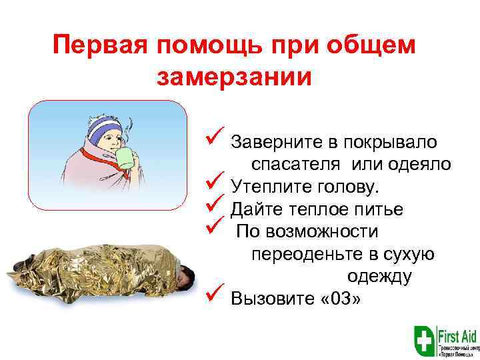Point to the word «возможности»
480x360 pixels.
point(322,231)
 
